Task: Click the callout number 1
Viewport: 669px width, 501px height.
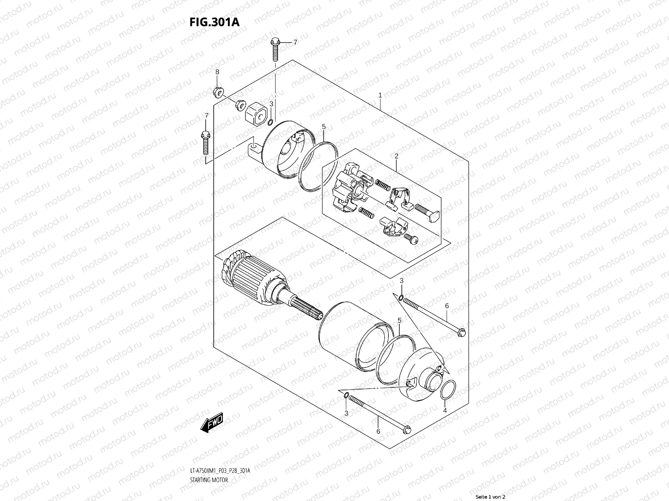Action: [380, 95]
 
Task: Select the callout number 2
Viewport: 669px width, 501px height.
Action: [396, 156]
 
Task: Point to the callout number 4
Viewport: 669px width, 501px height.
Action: [445, 411]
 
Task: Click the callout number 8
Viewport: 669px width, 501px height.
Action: [217, 72]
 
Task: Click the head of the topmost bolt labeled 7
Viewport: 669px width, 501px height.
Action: [275, 42]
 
